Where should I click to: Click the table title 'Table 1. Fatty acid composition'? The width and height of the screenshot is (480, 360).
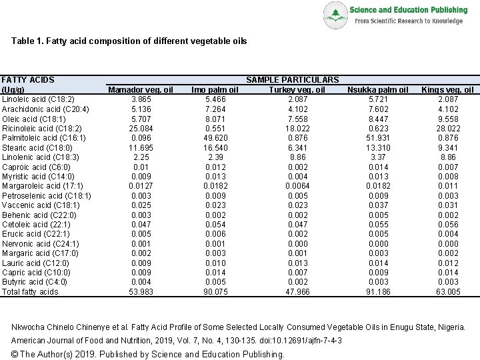pos(129,41)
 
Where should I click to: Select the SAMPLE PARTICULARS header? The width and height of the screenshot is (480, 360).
pos(292,80)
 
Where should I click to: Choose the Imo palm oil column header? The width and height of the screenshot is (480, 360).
pos(215,89)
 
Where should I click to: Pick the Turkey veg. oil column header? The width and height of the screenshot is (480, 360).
pos(297,89)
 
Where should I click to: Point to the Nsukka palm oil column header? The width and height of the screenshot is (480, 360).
pos(378,89)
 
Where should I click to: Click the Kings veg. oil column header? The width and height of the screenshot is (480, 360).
pos(448,89)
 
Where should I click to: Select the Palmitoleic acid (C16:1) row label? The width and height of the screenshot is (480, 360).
pos(44,138)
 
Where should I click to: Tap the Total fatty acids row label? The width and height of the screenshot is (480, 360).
pos(30,291)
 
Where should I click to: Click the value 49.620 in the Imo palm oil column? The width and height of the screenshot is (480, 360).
pos(215,138)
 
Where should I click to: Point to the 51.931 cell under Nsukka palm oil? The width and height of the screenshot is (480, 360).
pos(378,138)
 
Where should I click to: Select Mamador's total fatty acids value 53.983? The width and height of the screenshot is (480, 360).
pos(141,291)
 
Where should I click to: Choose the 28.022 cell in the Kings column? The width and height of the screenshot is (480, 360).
pos(448,128)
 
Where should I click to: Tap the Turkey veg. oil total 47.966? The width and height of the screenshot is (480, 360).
pos(297,291)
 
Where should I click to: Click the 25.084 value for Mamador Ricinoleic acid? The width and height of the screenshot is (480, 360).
pos(141,128)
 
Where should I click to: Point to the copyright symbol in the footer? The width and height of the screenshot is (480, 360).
pos(15,354)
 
